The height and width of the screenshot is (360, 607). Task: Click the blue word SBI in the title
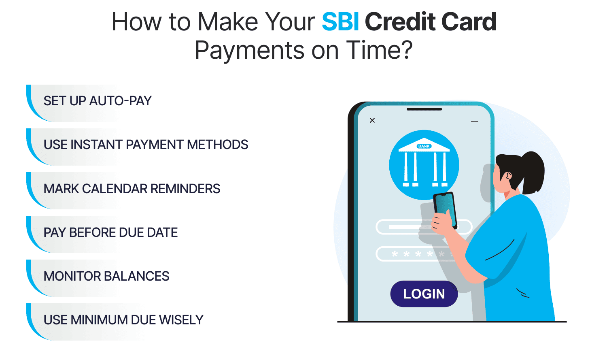(x=340, y=22)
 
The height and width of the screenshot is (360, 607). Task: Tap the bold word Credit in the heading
(x=400, y=22)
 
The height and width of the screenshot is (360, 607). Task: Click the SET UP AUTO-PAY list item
(x=98, y=101)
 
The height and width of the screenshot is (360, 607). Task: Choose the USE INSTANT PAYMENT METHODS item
(x=146, y=145)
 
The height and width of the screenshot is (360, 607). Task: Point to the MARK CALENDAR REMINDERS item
(x=132, y=189)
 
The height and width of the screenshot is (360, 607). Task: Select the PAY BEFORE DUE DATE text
(x=110, y=232)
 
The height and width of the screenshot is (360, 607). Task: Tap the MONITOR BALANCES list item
(x=106, y=276)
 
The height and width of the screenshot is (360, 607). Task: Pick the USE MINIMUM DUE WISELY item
(x=123, y=320)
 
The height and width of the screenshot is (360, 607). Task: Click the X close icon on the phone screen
(x=372, y=120)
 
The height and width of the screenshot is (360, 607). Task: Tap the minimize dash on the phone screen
(x=475, y=121)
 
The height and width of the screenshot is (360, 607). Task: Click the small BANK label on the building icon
(x=424, y=146)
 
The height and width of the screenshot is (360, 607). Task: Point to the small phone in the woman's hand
(x=445, y=210)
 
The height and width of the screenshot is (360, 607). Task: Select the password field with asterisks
(x=417, y=254)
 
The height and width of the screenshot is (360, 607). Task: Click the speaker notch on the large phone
(x=424, y=109)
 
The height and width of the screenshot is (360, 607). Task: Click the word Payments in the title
(x=250, y=51)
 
